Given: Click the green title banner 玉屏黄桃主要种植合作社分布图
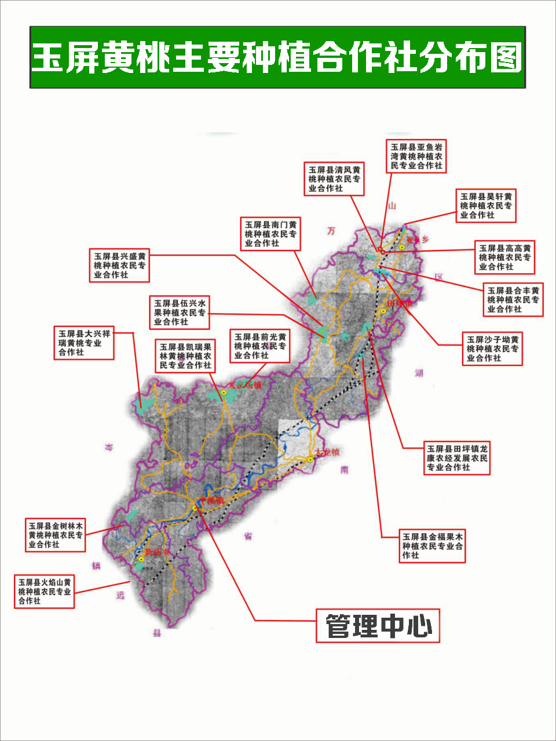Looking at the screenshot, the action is [x=277, y=57].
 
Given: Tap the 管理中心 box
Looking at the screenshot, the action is [x=378, y=626].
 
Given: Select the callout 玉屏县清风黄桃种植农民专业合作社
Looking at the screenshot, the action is [x=334, y=179].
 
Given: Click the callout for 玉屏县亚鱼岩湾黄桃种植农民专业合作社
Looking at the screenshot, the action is [x=416, y=156].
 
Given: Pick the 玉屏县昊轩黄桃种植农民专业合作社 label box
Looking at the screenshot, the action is [x=486, y=206].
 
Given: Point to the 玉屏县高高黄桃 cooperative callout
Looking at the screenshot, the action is [x=504, y=258].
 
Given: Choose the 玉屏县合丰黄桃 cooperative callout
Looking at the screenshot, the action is [x=513, y=300].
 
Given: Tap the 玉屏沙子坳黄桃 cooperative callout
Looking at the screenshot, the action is [x=493, y=349].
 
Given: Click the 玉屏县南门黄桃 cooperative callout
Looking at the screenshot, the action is [x=270, y=234].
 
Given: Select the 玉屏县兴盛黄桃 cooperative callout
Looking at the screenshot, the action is [x=120, y=265].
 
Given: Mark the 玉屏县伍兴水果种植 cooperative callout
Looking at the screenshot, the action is [x=180, y=313].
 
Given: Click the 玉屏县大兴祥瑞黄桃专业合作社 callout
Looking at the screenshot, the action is [x=84, y=343].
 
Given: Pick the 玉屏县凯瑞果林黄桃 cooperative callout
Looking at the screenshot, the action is [x=185, y=356].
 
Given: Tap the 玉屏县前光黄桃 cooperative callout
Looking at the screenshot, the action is [x=260, y=346].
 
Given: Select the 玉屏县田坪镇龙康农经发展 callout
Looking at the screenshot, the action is [x=457, y=458].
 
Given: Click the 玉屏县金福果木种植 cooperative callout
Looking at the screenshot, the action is [x=433, y=546].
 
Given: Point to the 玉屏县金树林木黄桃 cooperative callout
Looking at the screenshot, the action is [x=56, y=535].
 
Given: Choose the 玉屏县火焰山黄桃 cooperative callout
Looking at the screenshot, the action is [x=45, y=592].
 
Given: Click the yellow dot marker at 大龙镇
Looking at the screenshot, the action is [x=310, y=460].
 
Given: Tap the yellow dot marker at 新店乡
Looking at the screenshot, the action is [x=141, y=560].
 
